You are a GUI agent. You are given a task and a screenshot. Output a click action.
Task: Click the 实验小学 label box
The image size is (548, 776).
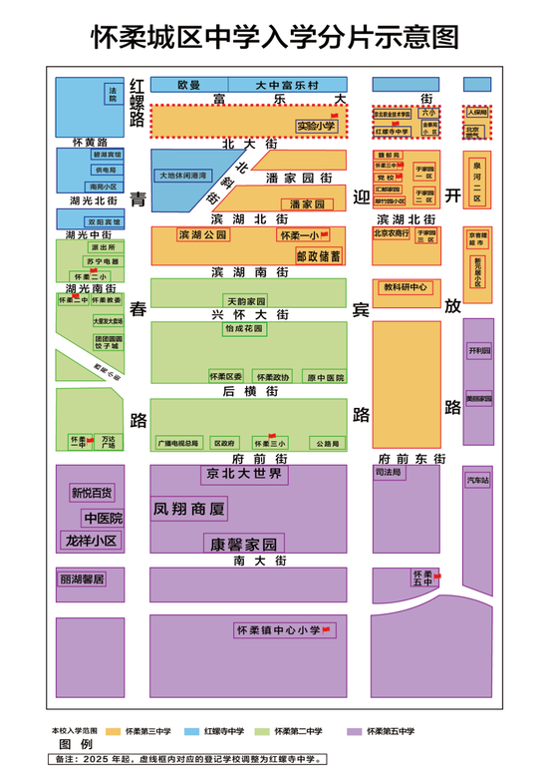pos(314,126)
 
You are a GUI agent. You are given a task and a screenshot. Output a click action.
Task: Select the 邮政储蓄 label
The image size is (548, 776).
pos(318,255)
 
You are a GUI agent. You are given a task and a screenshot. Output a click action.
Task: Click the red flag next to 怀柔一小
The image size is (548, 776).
pos(324,234)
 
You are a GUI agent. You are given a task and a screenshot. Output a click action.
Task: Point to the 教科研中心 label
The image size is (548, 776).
pos(407,286)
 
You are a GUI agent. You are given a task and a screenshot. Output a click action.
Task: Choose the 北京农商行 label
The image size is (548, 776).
pos(392,233)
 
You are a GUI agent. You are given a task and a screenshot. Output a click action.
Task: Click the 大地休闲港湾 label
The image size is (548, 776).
pos(185,175)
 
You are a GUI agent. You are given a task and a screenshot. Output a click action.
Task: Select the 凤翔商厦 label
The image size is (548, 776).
pos(188,509)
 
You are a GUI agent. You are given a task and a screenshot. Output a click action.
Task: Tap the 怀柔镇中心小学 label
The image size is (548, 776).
pos(278,630)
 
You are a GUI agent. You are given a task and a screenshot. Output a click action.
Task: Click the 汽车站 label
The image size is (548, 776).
pos(477,481)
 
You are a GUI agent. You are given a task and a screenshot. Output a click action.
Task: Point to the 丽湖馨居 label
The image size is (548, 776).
pos(82,579)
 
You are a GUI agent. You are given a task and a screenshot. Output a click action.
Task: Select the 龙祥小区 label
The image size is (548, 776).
pos(91,541)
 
